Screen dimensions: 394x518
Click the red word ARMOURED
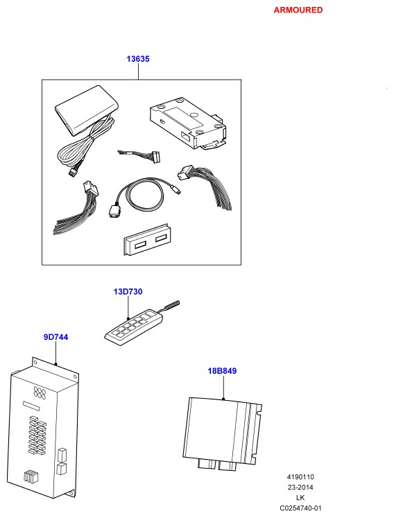coord(298,10)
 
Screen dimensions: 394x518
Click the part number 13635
coord(138,59)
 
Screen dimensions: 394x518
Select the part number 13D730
coord(128,292)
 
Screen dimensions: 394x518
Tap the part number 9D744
coord(56,337)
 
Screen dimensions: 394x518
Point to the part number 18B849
coord(222,371)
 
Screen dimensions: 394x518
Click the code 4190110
coord(300,477)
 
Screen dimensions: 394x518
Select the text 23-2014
coord(300,487)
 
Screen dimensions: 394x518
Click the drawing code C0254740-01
coord(300,508)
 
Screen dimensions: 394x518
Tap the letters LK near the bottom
coord(300,497)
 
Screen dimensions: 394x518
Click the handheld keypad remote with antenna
coord(134,325)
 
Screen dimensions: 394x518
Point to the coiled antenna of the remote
coord(171,305)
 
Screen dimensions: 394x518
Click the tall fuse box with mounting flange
coord(43,428)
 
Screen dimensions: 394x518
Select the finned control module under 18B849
coord(222,433)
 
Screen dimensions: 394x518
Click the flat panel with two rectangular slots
coord(147,241)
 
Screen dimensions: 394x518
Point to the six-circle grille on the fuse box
coord(40,392)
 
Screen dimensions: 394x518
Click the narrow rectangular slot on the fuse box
coord(31,406)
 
